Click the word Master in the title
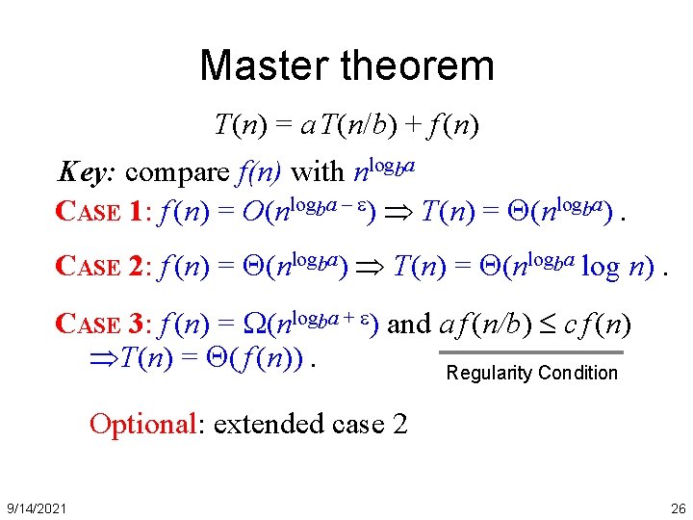click(257, 65)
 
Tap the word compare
click(177, 173)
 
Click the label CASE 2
click(101, 266)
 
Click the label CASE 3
click(101, 325)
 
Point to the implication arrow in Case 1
click(400, 214)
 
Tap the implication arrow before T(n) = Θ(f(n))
click(100, 359)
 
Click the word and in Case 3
click(409, 325)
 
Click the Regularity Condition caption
click(532, 374)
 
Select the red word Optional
click(144, 424)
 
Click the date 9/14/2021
click(35, 507)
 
